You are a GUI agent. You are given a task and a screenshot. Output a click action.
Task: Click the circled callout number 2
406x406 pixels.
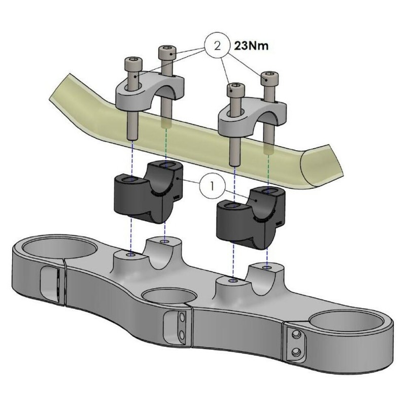(217, 46)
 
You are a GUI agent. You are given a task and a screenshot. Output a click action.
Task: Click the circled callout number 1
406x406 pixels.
(212, 186)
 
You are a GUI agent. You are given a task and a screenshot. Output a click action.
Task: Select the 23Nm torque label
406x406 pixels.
(251, 46)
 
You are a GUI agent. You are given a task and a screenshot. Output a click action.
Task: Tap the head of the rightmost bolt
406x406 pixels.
(270, 78)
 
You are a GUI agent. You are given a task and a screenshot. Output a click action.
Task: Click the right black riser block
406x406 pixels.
(250, 218)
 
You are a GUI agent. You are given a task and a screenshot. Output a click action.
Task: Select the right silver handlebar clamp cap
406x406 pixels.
(253, 115)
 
